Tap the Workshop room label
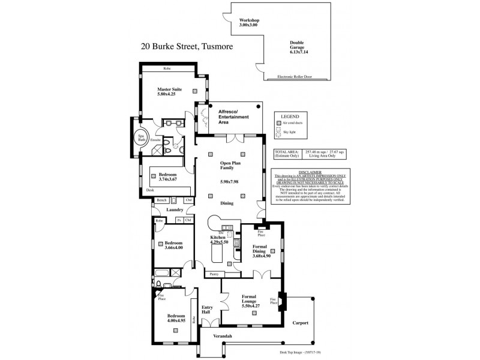click(249, 23)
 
